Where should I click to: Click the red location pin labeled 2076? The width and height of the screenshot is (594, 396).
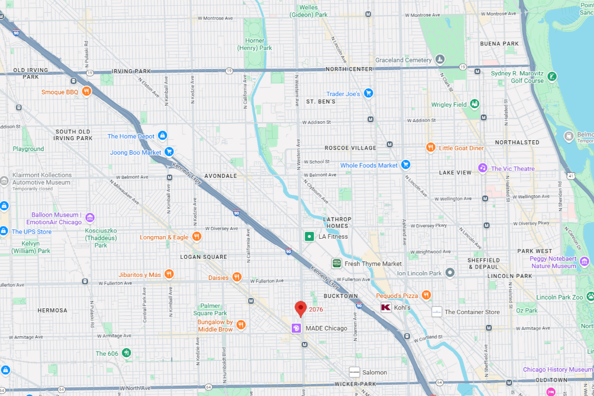(301, 308)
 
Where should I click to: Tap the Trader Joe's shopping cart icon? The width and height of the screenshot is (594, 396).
(368, 93)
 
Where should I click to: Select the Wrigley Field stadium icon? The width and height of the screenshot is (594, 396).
(474, 104)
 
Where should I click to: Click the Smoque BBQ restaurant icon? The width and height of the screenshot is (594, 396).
(87, 92)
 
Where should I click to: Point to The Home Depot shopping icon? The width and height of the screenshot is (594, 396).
(162, 136)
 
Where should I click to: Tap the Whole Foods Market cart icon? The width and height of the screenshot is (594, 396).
(406, 165)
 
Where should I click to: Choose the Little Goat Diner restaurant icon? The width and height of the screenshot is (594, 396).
(431, 147)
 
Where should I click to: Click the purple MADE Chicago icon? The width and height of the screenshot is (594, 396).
(296, 328)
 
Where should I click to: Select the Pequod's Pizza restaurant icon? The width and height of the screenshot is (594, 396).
(426, 295)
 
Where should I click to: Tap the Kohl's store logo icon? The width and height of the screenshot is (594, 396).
(386, 308)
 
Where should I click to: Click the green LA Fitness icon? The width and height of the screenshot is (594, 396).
(309, 237)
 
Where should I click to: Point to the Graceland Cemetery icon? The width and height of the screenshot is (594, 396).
(440, 60)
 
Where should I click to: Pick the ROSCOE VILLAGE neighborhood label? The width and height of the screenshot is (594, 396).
(350, 148)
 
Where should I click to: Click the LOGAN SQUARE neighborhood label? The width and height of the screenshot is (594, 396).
(203, 257)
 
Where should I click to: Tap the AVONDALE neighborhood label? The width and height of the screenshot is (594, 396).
(220, 176)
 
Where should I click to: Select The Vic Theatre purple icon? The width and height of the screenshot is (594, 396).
(483, 168)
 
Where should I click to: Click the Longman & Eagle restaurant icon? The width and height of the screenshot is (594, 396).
(196, 237)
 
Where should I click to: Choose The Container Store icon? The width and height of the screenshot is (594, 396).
(437, 311)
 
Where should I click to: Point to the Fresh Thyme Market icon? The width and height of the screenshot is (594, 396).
(336, 263)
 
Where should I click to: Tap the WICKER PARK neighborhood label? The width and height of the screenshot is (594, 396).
(355, 384)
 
